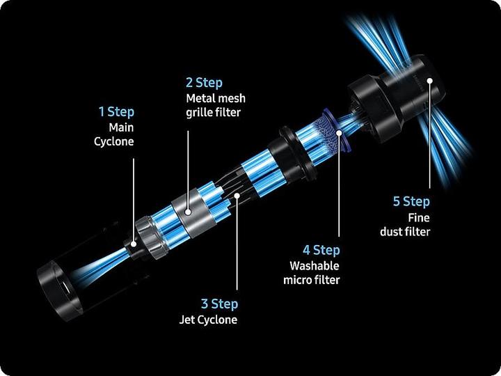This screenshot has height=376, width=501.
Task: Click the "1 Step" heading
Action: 116,112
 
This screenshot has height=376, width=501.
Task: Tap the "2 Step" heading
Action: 204,82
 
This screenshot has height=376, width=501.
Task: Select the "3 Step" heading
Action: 219,304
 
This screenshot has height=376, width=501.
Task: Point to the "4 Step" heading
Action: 321,250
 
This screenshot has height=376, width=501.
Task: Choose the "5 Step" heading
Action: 411,201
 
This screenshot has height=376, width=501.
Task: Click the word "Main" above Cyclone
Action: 121,127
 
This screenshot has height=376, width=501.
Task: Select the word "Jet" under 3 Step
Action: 185,320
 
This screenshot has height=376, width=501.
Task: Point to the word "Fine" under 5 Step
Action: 419,218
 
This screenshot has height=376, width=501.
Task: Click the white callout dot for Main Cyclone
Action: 134,244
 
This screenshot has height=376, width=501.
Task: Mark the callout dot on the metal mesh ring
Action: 188,212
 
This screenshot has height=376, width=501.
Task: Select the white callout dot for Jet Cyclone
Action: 237,195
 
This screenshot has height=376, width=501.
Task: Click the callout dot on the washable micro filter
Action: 339,132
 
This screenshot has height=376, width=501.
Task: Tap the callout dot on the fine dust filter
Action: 430,81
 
